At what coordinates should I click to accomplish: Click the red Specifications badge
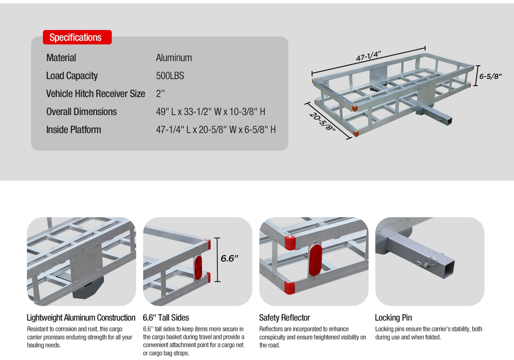tap(77, 37)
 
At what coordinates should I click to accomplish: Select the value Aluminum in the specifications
tap(174, 58)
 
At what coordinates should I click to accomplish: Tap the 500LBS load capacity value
tap(170, 76)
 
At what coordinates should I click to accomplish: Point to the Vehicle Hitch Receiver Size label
tap(95, 94)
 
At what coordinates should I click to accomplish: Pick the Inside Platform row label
tap(74, 130)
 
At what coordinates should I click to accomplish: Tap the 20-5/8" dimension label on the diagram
tap(323, 122)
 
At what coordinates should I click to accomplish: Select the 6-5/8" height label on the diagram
tap(491, 76)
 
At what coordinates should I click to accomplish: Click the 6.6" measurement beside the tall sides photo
tap(229, 258)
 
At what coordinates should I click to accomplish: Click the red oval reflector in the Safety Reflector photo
tap(315, 260)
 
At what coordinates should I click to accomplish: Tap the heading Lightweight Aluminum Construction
tap(81, 317)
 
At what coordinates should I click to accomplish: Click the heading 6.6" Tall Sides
tap(166, 317)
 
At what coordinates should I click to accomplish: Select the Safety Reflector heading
tap(285, 317)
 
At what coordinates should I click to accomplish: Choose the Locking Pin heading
tap(393, 317)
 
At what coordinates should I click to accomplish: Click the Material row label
tap(61, 58)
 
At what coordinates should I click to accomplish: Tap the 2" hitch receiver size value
tap(160, 94)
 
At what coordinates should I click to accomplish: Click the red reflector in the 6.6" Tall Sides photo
tap(198, 268)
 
